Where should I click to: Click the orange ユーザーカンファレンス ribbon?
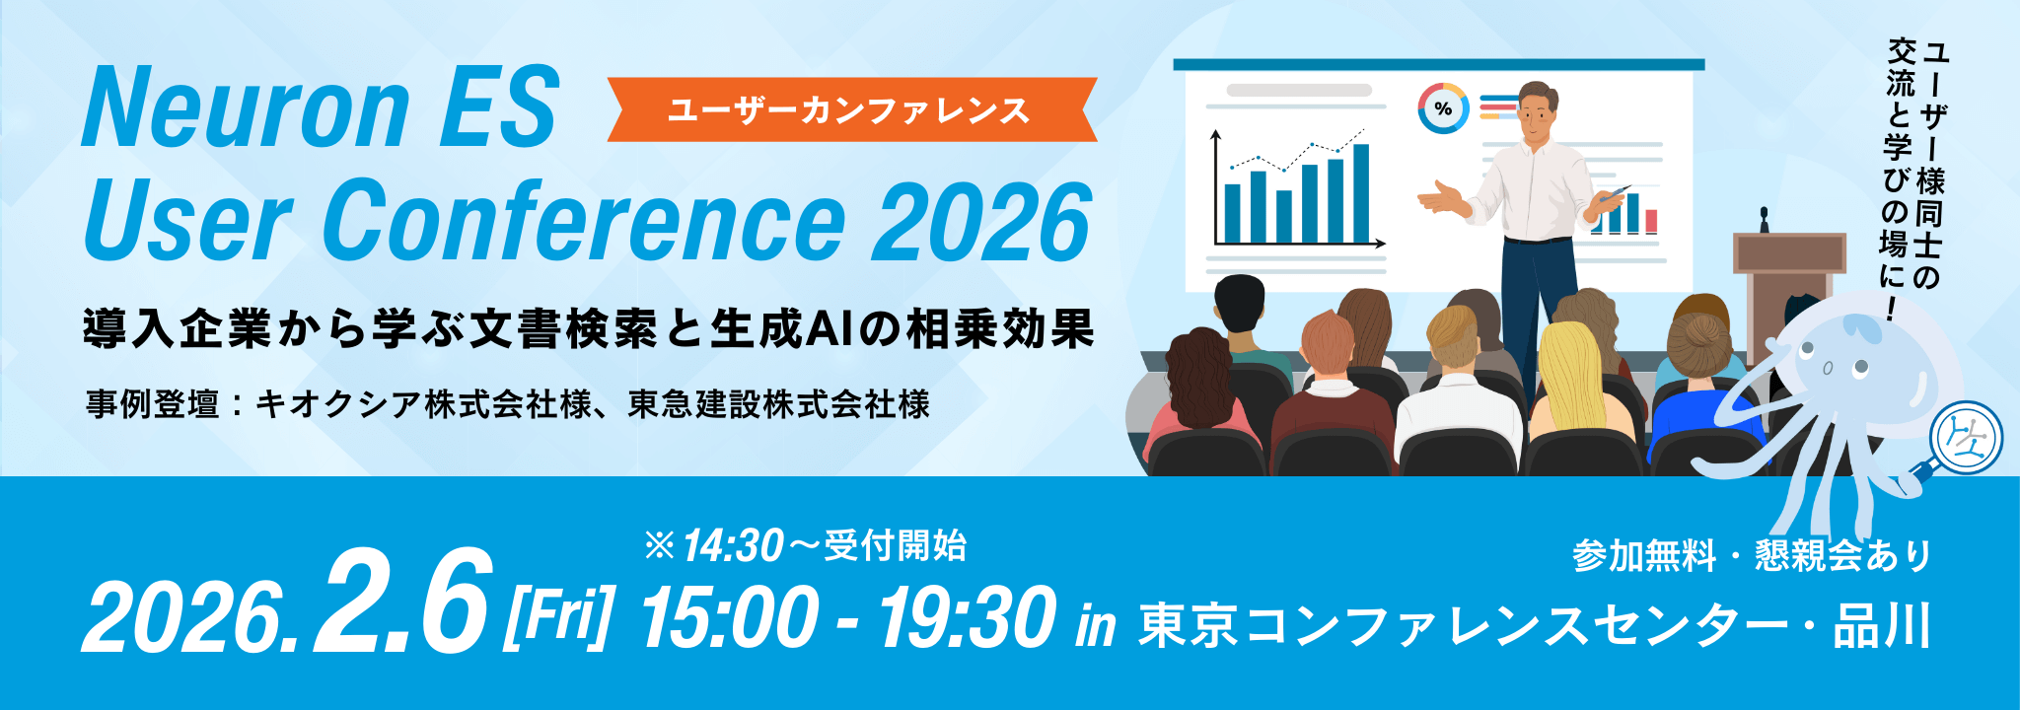pos(850,109)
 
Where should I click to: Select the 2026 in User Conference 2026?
pos(981,223)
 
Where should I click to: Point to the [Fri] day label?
pos(558,616)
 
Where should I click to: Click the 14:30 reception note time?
pos(732,545)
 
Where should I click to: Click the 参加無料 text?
pos(1643,556)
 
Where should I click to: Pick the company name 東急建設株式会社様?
pos(779,404)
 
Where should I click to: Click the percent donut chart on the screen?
pos(1443,108)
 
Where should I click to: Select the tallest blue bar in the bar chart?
pos(1361,193)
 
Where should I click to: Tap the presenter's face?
pos(1536,114)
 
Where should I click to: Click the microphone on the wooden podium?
pos(1764,219)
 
